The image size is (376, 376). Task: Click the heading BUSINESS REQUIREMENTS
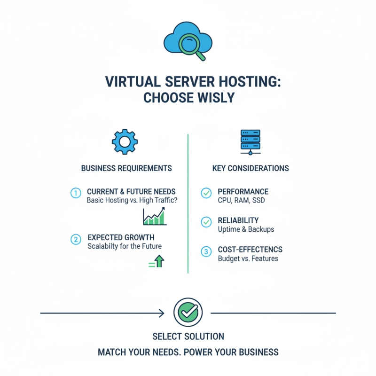pyautogui.click(x=126, y=168)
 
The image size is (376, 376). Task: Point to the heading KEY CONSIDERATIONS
pyautogui.click(x=251, y=168)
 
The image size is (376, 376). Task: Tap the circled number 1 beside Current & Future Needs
pyautogui.click(x=75, y=193)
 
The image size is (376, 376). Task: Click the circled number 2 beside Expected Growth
pyautogui.click(x=75, y=239)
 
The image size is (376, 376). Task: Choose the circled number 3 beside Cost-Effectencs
pyautogui.click(x=206, y=252)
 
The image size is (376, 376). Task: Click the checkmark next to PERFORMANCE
pyautogui.click(x=206, y=193)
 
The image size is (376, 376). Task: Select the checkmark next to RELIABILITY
pyautogui.click(x=206, y=222)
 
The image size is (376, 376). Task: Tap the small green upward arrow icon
pyautogui.click(x=158, y=261)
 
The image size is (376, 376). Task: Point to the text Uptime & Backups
pyautogui.click(x=246, y=229)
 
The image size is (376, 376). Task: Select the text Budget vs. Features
pyautogui.click(x=248, y=258)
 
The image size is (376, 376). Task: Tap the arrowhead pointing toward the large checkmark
pyautogui.click(x=161, y=313)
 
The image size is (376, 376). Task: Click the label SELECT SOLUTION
pyautogui.click(x=188, y=337)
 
